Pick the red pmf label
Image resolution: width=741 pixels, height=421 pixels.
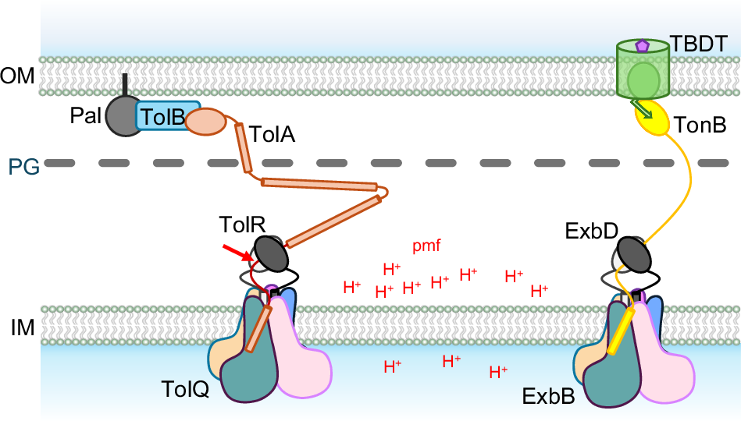pos(427,246)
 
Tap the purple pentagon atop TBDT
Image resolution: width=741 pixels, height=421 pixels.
pos(642,47)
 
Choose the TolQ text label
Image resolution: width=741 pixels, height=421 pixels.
pos(184,388)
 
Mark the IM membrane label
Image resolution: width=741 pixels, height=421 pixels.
pos(19,328)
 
